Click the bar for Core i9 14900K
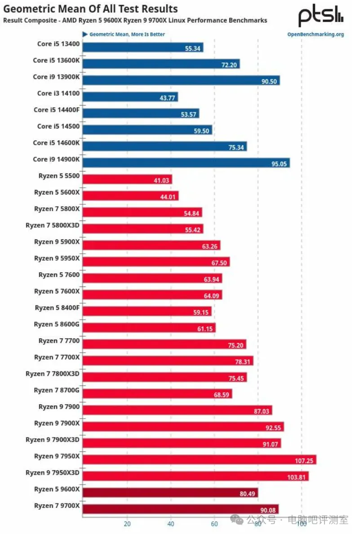click(x=186, y=163)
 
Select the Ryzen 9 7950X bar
click(x=200, y=459)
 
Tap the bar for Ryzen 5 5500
click(x=127, y=179)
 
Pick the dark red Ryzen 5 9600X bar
click(x=170, y=493)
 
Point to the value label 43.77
click(x=168, y=97)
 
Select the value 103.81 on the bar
click(x=297, y=477)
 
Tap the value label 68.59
click(x=222, y=394)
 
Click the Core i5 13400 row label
click(x=58, y=44)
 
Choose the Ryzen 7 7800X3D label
click(x=53, y=374)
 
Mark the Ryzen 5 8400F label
click(x=57, y=308)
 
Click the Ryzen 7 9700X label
click(x=57, y=506)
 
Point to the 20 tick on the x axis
click(x=127, y=523)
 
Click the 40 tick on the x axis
click(x=171, y=523)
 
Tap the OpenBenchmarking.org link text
click(x=316, y=34)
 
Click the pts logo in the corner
click(x=321, y=17)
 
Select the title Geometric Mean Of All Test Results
click(x=91, y=9)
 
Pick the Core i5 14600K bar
click(x=165, y=146)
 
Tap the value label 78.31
click(x=244, y=361)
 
